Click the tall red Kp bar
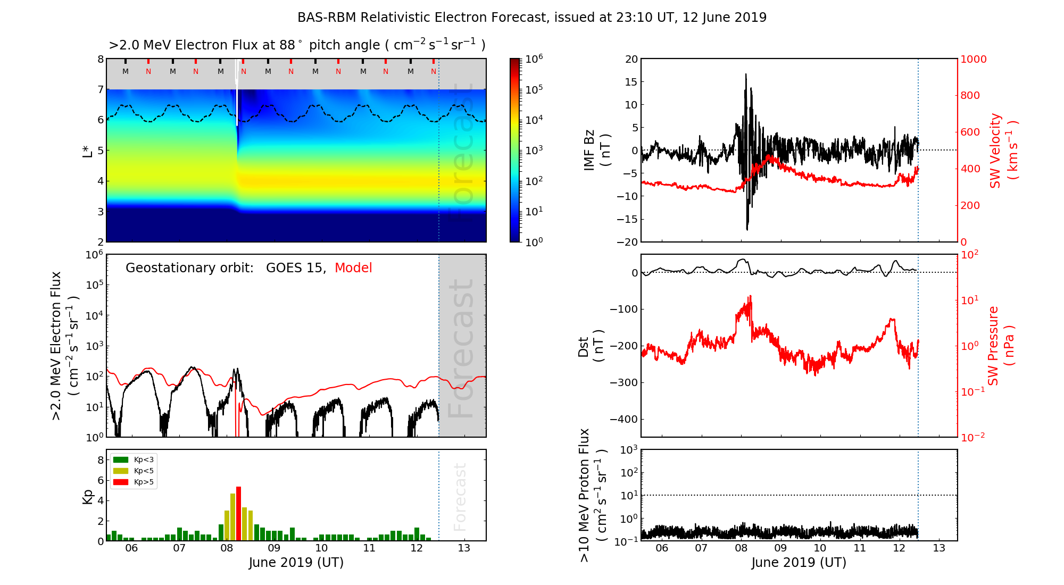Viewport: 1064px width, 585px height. pyautogui.click(x=238, y=513)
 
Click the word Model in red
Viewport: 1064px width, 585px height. pyautogui.click(x=353, y=268)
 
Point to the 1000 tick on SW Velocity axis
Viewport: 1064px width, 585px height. pyautogui.click(x=973, y=59)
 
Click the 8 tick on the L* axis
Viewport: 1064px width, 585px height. pyautogui.click(x=100, y=59)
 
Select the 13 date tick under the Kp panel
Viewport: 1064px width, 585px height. pyautogui.click(x=464, y=548)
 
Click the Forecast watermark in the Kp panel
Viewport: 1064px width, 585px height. pyautogui.click(x=460, y=497)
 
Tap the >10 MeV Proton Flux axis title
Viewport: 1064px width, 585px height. pyautogui.click(x=591, y=495)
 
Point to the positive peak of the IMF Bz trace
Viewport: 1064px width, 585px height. pyautogui.click(x=746, y=74)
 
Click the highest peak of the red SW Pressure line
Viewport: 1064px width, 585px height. pyautogui.click(x=750, y=296)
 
